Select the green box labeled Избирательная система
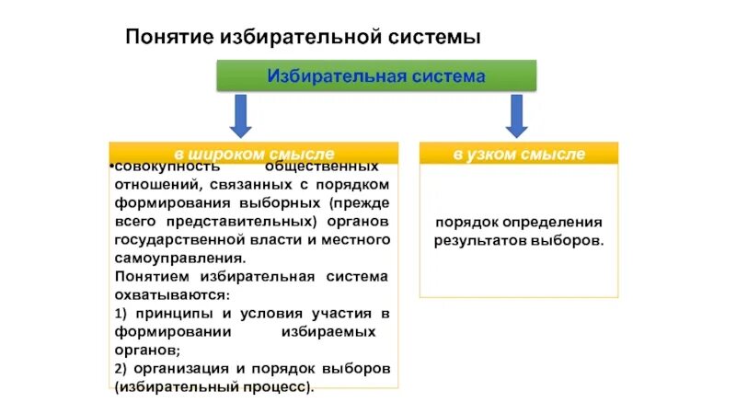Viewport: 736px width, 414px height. (376, 75)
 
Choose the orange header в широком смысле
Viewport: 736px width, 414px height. (254, 153)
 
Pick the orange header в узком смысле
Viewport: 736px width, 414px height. (519, 153)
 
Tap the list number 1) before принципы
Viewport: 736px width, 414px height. (123, 314)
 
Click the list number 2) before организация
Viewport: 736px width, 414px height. (123, 368)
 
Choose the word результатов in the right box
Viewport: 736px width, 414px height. (480, 241)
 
